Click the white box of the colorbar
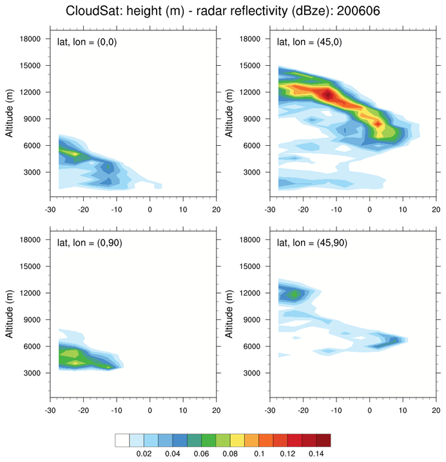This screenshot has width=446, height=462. (x=122, y=440)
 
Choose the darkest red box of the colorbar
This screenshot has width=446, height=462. (x=323, y=440)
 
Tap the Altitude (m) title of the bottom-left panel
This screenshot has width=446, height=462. (x=7, y=320)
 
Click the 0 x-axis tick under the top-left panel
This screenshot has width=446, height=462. (x=150, y=208)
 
